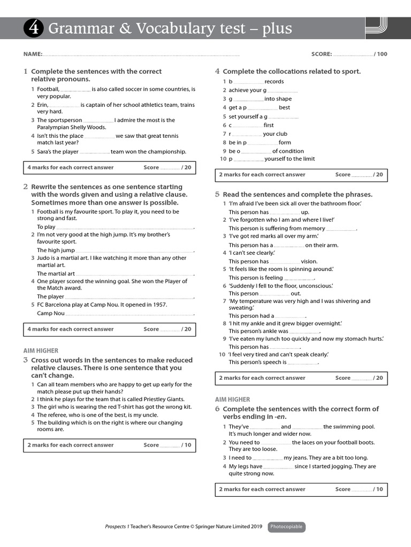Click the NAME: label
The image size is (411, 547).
click(33, 54)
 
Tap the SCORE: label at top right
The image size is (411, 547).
click(322, 54)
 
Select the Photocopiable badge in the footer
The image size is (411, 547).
click(286, 527)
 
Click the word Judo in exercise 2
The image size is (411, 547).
click(43, 258)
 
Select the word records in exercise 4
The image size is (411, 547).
click(274, 82)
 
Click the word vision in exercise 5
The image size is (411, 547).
click(309, 262)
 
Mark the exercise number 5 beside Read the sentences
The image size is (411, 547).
click(217, 194)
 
